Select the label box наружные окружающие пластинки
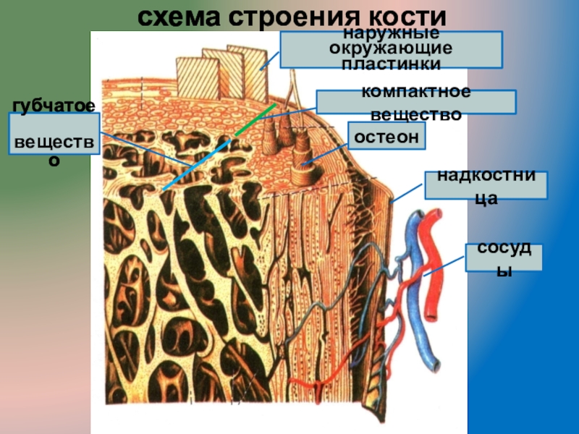[x=391, y=49]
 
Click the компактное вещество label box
[x=415, y=102]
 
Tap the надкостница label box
[x=486, y=185]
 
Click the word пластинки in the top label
[x=391, y=64]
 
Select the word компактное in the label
[x=415, y=93]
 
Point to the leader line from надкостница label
[x=409, y=193]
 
